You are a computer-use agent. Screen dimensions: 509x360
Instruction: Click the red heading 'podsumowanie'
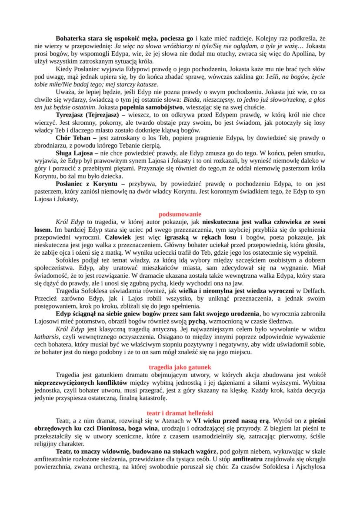point(180,214)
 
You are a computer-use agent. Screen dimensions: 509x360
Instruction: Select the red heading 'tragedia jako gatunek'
point(180,367)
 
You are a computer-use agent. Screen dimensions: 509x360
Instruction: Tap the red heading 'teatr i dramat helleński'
point(180,413)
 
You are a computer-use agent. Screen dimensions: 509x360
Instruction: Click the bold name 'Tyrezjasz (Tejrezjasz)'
point(86,114)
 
